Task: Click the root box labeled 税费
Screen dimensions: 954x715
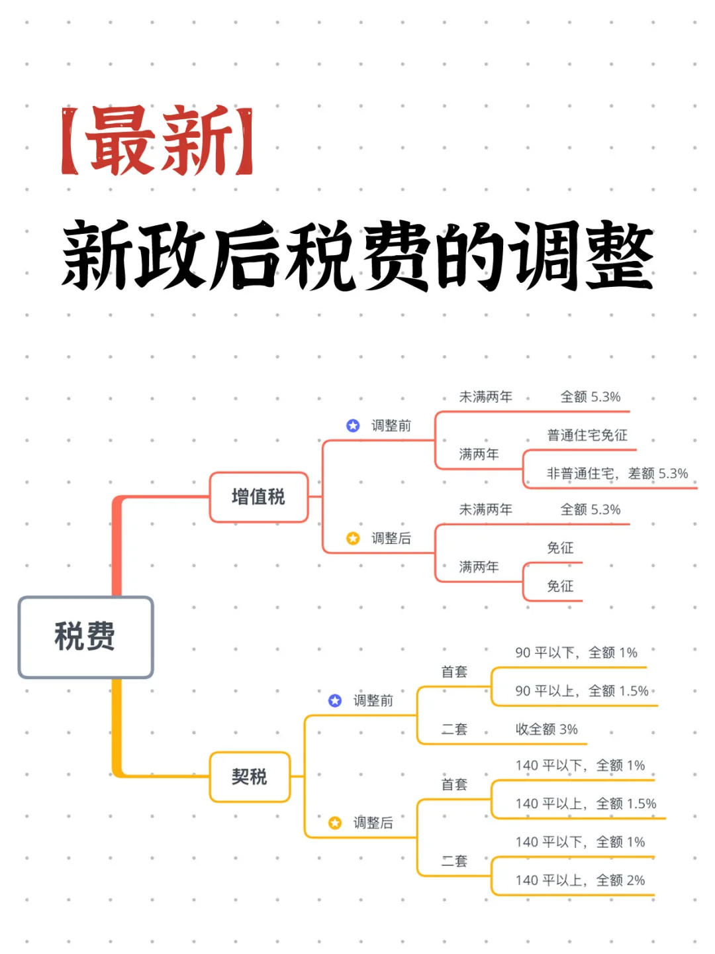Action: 85,637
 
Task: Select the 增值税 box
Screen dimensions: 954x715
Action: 259,497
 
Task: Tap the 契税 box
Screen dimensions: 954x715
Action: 250,776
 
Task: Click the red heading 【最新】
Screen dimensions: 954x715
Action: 158,141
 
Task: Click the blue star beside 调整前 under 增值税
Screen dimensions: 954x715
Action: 353,425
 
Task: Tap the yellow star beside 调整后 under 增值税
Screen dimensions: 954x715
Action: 353,538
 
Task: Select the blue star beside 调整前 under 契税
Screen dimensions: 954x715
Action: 335,700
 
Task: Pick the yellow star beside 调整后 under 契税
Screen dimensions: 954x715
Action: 335,822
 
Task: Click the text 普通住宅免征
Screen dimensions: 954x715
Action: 587,435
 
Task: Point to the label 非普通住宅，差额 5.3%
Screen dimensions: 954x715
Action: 617,474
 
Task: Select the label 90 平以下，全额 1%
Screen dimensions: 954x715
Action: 576,653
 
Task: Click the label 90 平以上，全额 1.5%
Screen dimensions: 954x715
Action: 582,691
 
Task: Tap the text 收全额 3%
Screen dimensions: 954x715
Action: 546,729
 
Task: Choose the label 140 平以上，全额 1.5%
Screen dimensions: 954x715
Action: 586,804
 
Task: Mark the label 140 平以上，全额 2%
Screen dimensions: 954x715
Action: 580,880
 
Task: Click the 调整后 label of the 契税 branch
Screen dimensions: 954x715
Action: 373,823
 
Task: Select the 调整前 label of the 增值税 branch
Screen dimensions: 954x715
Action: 391,426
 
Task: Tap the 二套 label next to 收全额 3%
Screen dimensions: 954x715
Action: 454,729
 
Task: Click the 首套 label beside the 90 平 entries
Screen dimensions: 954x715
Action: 454,672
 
